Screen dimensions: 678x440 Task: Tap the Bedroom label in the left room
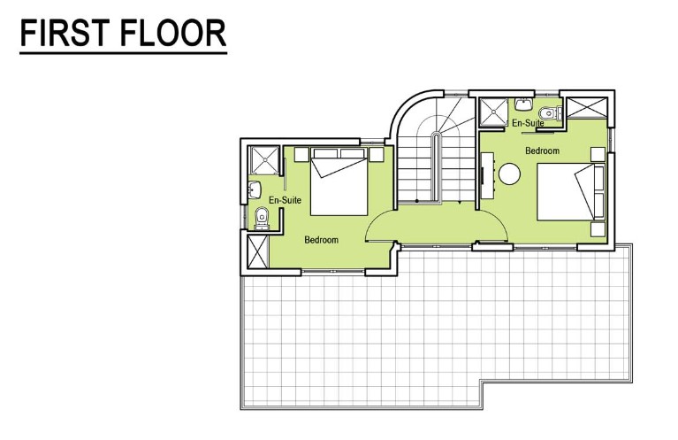(x=321, y=240)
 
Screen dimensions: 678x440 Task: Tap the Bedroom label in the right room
(x=542, y=151)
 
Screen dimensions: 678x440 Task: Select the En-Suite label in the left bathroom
(x=285, y=200)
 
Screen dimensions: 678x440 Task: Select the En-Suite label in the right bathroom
(x=528, y=123)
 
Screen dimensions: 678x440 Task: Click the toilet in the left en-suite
(x=261, y=219)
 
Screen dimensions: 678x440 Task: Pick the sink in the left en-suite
(x=255, y=189)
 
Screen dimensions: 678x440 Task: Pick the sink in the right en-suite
(x=523, y=104)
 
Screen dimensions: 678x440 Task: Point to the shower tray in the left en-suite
(x=264, y=160)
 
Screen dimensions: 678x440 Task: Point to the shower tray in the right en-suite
(x=493, y=112)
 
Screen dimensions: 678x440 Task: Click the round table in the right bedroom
(x=509, y=174)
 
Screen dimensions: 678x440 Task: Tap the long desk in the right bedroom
(x=488, y=174)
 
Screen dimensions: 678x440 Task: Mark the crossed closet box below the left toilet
(x=258, y=251)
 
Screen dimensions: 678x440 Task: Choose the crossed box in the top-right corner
(x=587, y=107)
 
